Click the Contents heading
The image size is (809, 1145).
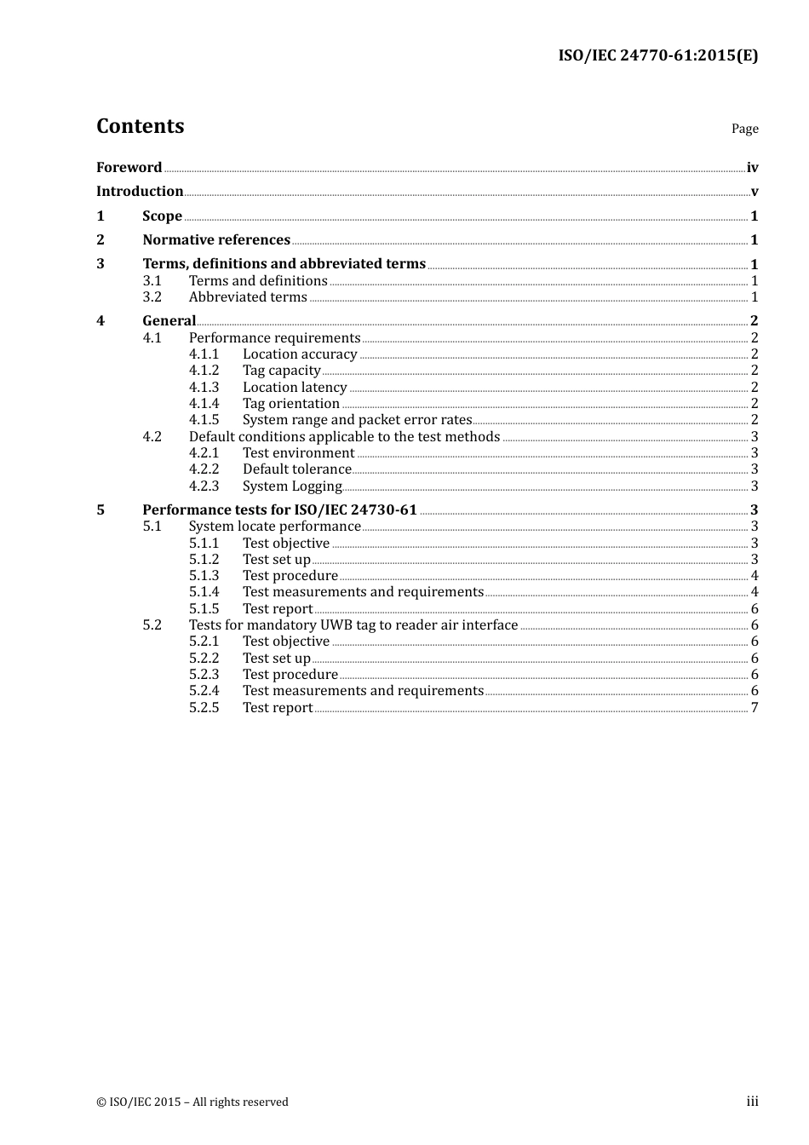140,126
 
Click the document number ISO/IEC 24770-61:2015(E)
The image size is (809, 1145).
657,55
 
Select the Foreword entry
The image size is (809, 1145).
129,167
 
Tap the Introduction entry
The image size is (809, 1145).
140,191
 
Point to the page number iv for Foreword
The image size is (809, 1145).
752,168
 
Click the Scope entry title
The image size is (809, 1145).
162,216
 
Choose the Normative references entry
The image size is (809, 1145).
216,239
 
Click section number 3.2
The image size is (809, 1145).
152,296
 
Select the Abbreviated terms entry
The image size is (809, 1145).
248,296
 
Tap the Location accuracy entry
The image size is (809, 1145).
300,354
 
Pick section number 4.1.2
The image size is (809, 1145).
204,370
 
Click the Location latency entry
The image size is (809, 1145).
295,387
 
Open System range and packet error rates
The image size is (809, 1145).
357,419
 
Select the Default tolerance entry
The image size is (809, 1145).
296,469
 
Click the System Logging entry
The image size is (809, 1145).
292,486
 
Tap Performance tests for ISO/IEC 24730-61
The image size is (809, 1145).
279,509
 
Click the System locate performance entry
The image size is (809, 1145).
274,526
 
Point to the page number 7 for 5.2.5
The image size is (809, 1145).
754,707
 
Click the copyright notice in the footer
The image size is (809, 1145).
192,1102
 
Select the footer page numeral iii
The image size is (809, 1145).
753,1102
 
